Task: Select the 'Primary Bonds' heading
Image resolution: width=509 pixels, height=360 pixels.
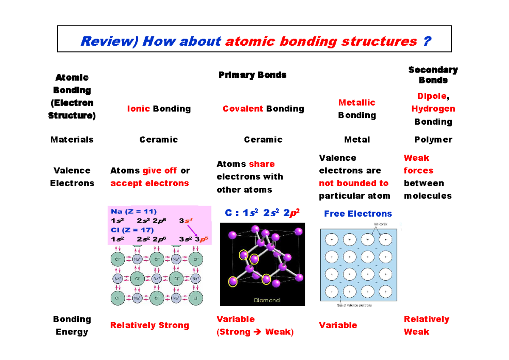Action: click(x=252, y=75)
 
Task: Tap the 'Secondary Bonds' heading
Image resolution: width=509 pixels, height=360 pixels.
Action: click(x=433, y=75)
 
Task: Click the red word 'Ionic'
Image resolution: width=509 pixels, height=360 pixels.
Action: click(x=138, y=109)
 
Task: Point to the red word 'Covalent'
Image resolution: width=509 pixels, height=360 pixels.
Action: click(x=243, y=109)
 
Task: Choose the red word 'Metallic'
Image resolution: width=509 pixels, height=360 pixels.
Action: click(x=357, y=103)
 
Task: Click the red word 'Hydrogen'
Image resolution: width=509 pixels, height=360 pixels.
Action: click(x=433, y=109)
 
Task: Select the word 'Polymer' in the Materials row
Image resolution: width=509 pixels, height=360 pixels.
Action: click(x=433, y=140)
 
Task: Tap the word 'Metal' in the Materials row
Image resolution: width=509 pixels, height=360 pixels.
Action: click(x=357, y=140)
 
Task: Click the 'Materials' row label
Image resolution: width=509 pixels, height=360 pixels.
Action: click(x=72, y=140)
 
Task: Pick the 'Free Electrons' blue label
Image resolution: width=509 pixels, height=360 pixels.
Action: click(x=358, y=214)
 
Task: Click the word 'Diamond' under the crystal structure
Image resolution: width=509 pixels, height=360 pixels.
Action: click(x=266, y=300)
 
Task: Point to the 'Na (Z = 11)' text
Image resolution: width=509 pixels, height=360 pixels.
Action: click(x=134, y=212)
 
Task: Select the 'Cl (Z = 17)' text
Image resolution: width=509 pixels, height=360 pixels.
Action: click(x=132, y=230)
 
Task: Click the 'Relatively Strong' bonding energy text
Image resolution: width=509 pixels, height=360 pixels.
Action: click(x=149, y=325)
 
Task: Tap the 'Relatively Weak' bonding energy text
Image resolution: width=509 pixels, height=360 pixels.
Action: click(x=426, y=325)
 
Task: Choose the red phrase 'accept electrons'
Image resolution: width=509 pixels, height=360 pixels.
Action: click(x=149, y=183)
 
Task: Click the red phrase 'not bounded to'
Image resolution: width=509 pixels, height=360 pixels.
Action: click(x=353, y=183)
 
